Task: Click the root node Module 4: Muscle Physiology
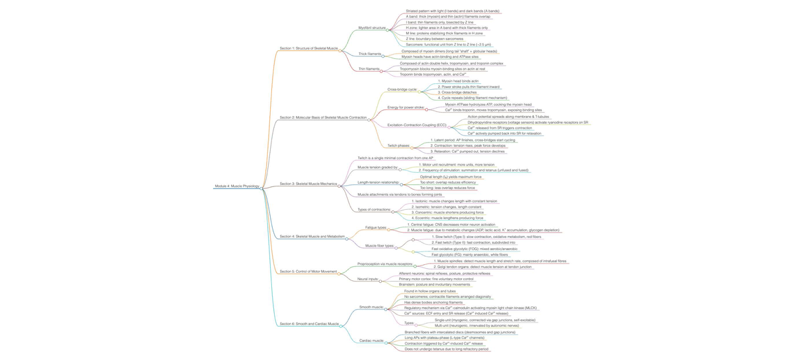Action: tap(237, 186)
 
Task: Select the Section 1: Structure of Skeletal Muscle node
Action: tap(308, 48)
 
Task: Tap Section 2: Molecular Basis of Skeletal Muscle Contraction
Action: tap(322, 117)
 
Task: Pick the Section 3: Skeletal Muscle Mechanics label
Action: tap(308, 184)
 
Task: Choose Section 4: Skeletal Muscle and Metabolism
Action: tap(312, 237)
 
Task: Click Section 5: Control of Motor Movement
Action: tap(308, 272)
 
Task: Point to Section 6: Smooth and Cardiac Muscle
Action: tap(309, 324)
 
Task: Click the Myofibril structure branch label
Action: tap(372, 27)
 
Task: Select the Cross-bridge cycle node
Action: tap(402, 89)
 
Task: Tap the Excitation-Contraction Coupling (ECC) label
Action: tap(417, 125)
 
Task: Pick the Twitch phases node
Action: tap(398, 145)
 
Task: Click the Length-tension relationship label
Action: tap(378, 182)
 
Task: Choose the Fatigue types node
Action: tap(375, 228)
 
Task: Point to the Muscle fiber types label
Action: tap(379, 246)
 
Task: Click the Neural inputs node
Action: tap(368, 279)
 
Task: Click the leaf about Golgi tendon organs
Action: tap(484, 267)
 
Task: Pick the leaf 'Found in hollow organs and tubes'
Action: tap(429, 292)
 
